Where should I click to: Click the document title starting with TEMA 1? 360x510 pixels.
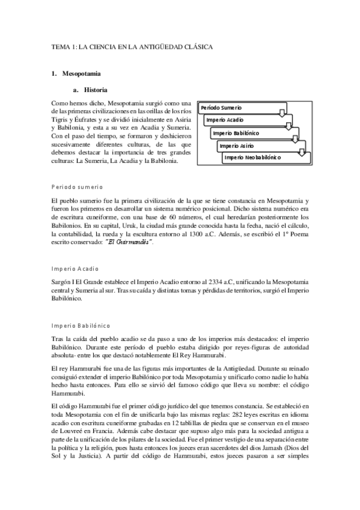[132, 46]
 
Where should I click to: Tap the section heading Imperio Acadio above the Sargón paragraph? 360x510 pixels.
[76, 268]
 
